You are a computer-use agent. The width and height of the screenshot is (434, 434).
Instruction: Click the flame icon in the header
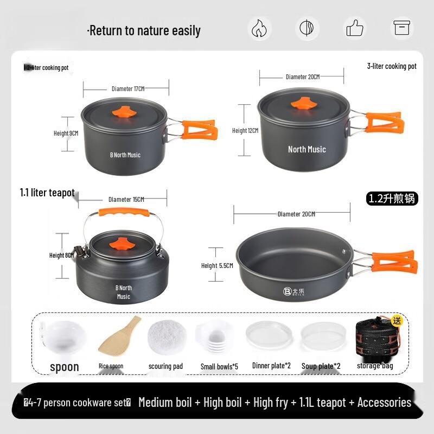[x=259, y=28]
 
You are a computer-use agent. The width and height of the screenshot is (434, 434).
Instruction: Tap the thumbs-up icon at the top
[x=354, y=28]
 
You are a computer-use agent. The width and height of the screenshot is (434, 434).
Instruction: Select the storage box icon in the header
[x=402, y=28]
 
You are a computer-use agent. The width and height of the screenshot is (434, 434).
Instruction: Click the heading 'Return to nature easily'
[x=144, y=31]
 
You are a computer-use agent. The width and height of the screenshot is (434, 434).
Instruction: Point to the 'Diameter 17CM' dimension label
[x=128, y=88]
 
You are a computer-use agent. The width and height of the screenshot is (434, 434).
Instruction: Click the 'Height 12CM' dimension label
[x=245, y=131]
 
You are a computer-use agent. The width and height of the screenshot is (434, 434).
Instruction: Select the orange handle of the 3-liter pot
[x=385, y=123]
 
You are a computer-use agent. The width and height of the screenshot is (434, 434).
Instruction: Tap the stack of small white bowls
[x=218, y=337]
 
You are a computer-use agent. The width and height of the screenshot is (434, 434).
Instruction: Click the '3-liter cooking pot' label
[x=392, y=66]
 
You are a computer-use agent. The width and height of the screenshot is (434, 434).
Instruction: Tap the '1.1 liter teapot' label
[x=47, y=193]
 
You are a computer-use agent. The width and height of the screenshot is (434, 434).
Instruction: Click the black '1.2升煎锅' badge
[x=392, y=199]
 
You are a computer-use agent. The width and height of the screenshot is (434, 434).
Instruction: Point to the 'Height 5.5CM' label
[x=217, y=266]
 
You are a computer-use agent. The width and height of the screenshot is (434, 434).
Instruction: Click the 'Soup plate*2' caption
[x=321, y=366]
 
